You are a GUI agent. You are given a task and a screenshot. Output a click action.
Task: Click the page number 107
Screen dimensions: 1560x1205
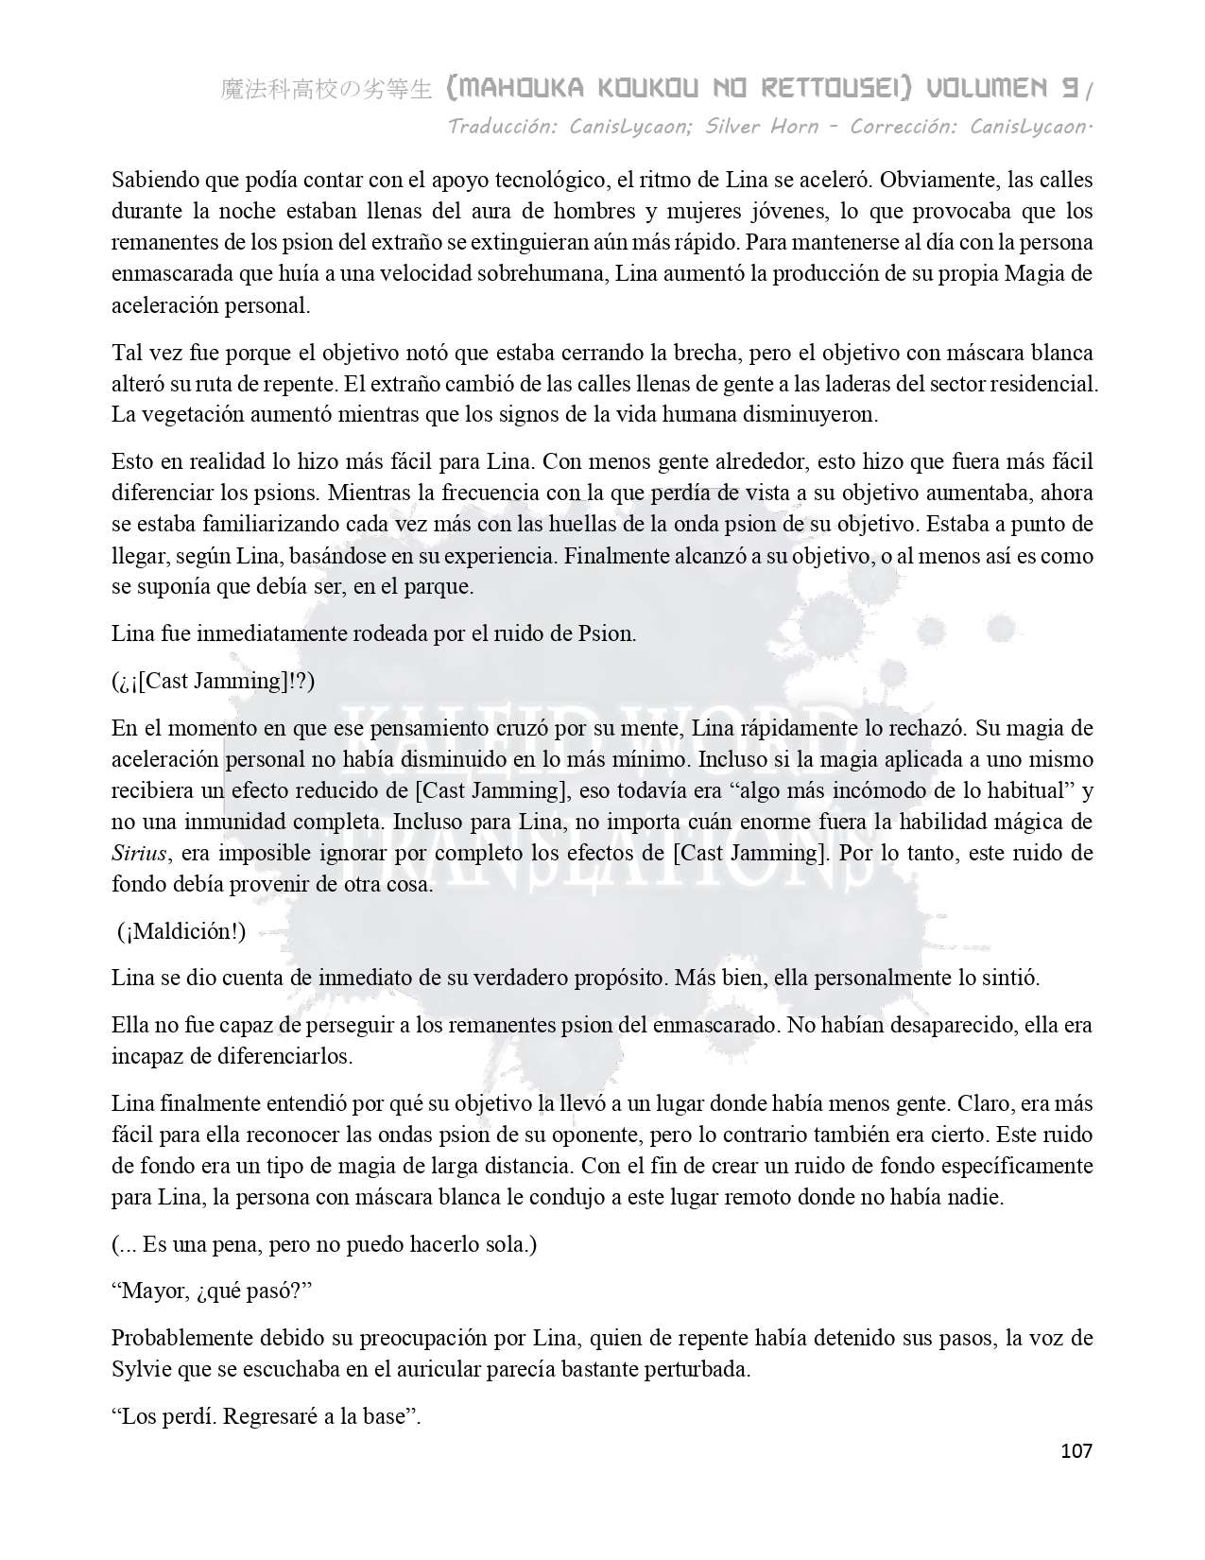pos(1076,1450)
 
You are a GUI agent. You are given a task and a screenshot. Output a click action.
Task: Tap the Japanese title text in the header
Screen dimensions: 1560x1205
pos(326,90)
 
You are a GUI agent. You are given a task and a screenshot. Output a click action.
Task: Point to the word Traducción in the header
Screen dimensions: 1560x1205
pos(502,126)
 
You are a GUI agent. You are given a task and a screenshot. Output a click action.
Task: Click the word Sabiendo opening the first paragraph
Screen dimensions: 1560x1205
pos(152,180)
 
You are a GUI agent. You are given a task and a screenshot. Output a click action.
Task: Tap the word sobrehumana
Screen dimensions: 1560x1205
pos(555,274)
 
